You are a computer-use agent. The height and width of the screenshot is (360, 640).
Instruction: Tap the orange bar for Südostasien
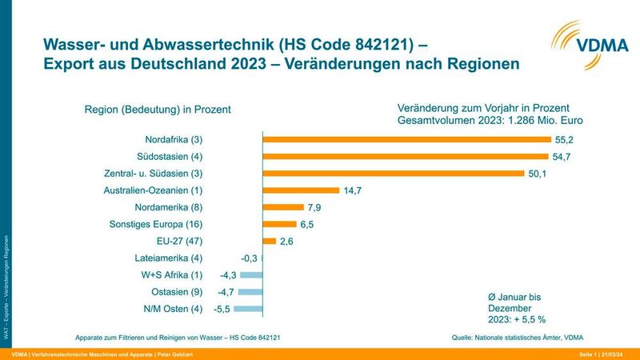coord(406,156)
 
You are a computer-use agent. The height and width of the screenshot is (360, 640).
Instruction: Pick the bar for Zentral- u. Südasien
coord(394,173)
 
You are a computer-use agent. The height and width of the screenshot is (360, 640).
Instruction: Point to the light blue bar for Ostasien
coord(250,292)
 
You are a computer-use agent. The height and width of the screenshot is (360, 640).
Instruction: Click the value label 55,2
coord(566,138)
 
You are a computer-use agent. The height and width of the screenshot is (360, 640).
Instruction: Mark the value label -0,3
coord(249,258)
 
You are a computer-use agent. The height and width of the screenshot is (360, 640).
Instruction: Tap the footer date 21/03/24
coord(620,354)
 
